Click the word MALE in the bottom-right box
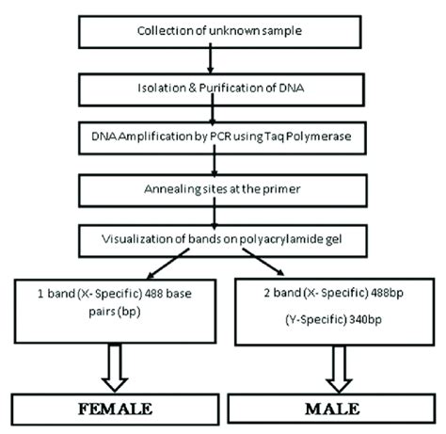point(333,410)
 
